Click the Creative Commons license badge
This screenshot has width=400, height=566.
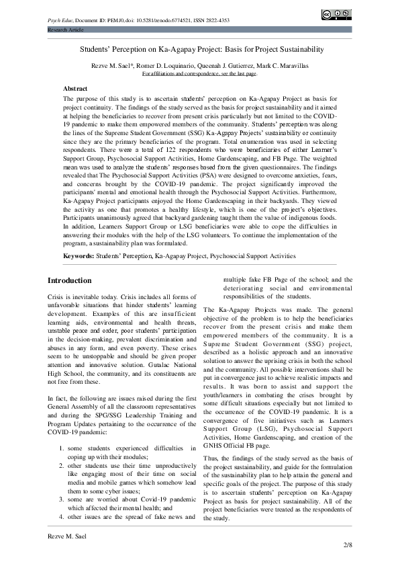coord(337,15)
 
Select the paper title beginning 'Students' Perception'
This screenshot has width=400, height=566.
coord(202,50)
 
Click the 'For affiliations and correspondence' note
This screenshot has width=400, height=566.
coord(200,73)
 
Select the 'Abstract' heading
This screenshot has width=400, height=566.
coord(75,89)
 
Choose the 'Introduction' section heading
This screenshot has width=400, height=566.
coord(73,280)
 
